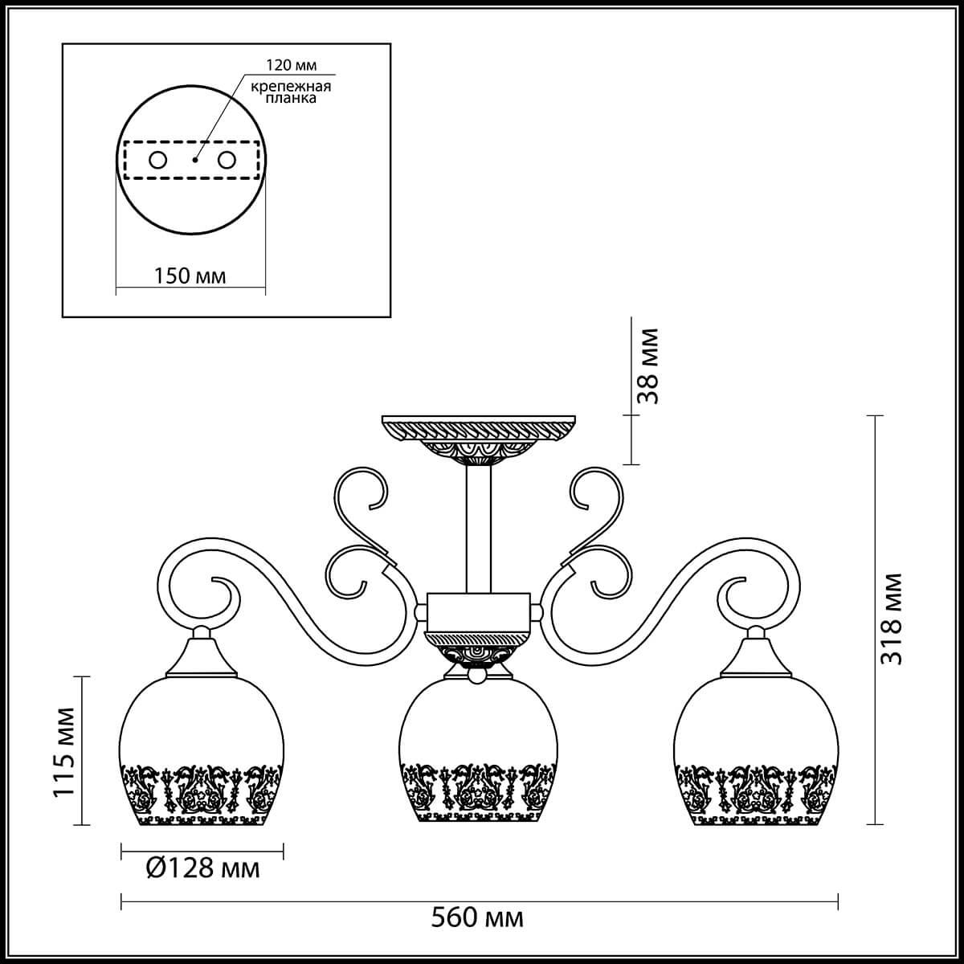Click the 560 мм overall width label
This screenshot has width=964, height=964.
tap(480, 917)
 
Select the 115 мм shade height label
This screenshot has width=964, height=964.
tap(64, 753)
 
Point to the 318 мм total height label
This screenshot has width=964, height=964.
tap(891, 619)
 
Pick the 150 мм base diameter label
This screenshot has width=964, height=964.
tap(190, 276)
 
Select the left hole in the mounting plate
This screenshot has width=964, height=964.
tap(157, 160)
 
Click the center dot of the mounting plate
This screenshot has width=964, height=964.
tap(194, 161)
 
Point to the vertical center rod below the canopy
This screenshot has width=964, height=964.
tap(479, 530)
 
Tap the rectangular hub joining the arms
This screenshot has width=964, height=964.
tap(479, 612)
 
